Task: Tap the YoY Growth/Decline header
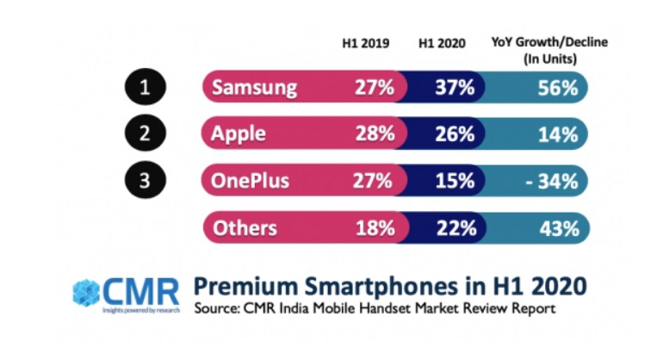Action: point(538,50)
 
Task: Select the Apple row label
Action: point(239,134)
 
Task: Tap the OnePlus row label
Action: point(251,181)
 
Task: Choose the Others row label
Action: point(245,227)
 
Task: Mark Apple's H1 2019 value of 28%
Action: point(375,134)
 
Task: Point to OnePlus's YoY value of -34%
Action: point(552,181)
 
